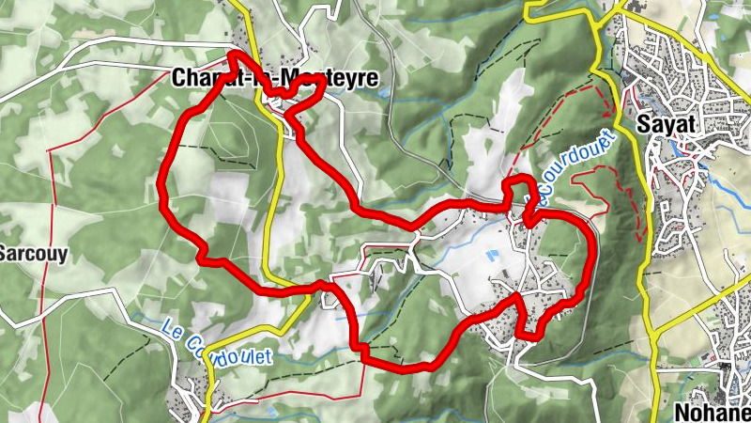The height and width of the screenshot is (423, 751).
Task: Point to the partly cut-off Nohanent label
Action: [x=713, y=411]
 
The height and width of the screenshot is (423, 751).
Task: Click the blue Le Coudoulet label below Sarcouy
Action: [x=217, y=344]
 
